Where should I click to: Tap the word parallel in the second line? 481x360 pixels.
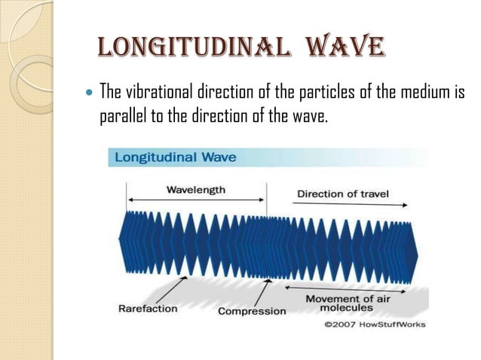pos(124,117)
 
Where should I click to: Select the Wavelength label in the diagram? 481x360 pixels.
pos(196,190)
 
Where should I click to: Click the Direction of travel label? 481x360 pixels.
pos(343,194)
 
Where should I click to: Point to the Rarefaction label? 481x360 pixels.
pos(148,308)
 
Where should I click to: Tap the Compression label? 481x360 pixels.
pos(252,310)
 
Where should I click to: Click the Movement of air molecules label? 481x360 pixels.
pos(348,304)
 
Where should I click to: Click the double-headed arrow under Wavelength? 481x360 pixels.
pos(196,200)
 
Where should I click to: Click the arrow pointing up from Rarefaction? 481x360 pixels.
pos(173,289)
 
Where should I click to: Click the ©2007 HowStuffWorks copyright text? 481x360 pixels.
pos(375,325)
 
